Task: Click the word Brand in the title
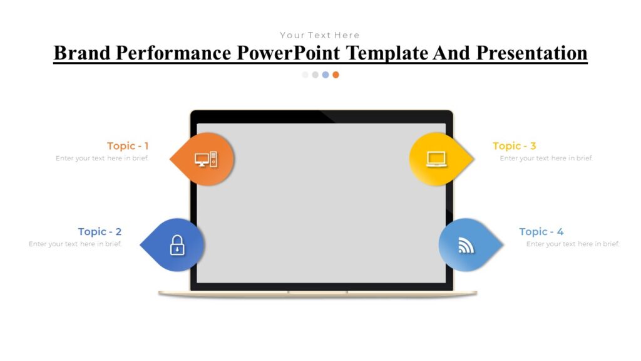click(82, 53)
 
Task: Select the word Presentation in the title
click(531, 53)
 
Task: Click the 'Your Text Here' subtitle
click(320, 35)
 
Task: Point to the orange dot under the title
click(336, 75)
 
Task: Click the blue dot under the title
click(326, 75)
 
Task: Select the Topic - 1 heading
click(128, 146)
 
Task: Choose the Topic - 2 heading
click(100, 232)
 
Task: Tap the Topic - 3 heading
click(514, 146)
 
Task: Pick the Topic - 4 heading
click(541, 232)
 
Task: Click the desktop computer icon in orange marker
click(205, 159)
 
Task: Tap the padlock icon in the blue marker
click(177, 245)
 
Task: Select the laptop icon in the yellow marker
click(436, 159)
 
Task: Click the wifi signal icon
click(466, 245)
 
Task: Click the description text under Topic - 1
click(102, 159)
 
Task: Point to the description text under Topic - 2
click(75, 244)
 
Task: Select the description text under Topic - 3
click(546, 159)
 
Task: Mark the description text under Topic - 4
click(573, 244)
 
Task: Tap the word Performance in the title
click(173, 53)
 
